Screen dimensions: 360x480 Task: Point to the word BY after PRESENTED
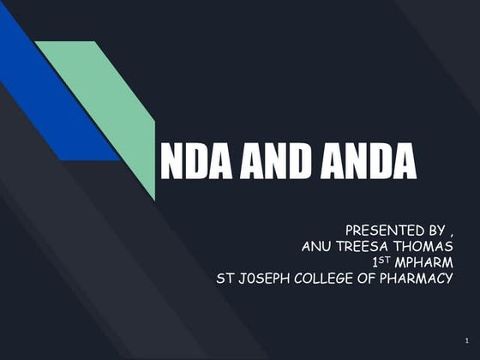tap(434, 231)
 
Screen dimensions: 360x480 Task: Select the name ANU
tap(319, 246)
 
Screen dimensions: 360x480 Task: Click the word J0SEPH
tap(266, 277)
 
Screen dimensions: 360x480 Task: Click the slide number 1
tap(463, 341)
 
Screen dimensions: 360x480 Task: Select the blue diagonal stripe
tap(51, 94)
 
